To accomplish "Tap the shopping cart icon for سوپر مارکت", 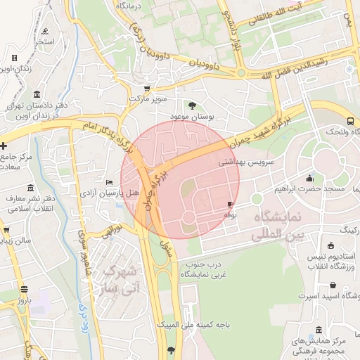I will click(x=146, y=89).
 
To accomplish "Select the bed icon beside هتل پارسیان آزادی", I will click(x=108, y=182).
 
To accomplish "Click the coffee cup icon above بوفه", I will click(x=230, y=204).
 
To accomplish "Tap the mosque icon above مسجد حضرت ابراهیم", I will click(x=310, y=178).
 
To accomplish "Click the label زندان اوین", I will click(x=19, y=68).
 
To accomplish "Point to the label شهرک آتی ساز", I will click(x=122, y=278).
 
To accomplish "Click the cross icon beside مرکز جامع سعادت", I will click(x=4, y=146).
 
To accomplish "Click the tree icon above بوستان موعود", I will click(x=193, y=105).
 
